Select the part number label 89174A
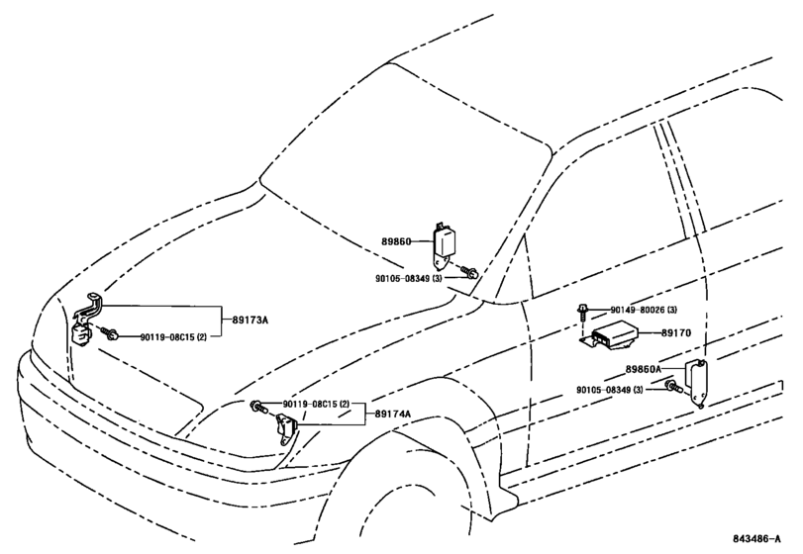[393, 416]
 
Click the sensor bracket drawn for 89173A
[88, 317]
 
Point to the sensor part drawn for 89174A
[286, 430]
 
